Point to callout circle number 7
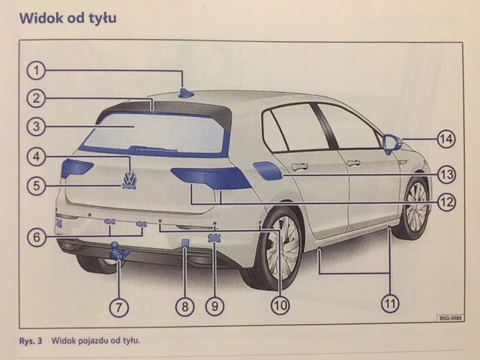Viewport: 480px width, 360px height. pyautogui.click(x=119, y=305)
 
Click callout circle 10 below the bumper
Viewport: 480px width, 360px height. pyautogui.click(x=279, y=305)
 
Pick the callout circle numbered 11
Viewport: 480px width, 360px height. pyautogui.click(x=390, y=303)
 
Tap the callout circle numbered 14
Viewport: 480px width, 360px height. pyautogui.click(x=447, y=138)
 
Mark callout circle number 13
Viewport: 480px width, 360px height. pyautogui.click(x=447, y=175)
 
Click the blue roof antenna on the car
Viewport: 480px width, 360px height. pyautogui.click(x=185, y=93)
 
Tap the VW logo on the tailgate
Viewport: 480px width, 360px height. pyautogui.click(x=130, y=181)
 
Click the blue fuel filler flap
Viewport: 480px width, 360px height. pyautogui.click(x=268, y=169)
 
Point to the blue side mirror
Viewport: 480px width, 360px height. pyautogui.click(x=391, y=142)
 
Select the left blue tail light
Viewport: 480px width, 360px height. pyautogui.click(x=76, y=167)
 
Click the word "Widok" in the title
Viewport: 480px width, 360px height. pyautogui.click(x=46, y=16)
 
